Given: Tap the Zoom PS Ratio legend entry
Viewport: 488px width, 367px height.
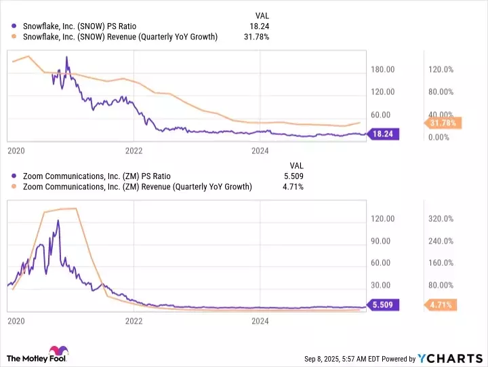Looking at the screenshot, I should (85, 176).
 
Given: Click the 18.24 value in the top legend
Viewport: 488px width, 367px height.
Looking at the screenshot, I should (261, 26).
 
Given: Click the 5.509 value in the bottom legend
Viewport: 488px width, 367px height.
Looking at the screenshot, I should (291, 176).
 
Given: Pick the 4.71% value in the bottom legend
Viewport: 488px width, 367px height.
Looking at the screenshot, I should (292, 187).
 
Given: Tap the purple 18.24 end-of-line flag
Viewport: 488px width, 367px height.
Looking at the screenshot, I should (384, 134).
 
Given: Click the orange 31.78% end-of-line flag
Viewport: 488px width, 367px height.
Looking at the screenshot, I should (444, 123).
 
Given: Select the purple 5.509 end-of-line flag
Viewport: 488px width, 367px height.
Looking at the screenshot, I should (384, 305).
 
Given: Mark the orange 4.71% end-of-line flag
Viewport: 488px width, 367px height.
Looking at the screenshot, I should (441, 305).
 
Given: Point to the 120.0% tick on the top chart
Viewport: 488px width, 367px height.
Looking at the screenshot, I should (440, 69).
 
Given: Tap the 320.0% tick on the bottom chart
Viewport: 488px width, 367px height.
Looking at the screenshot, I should (440, 218).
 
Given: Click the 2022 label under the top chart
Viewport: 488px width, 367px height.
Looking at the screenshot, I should (134, 150).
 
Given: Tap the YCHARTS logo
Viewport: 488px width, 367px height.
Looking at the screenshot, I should (451, 358).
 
